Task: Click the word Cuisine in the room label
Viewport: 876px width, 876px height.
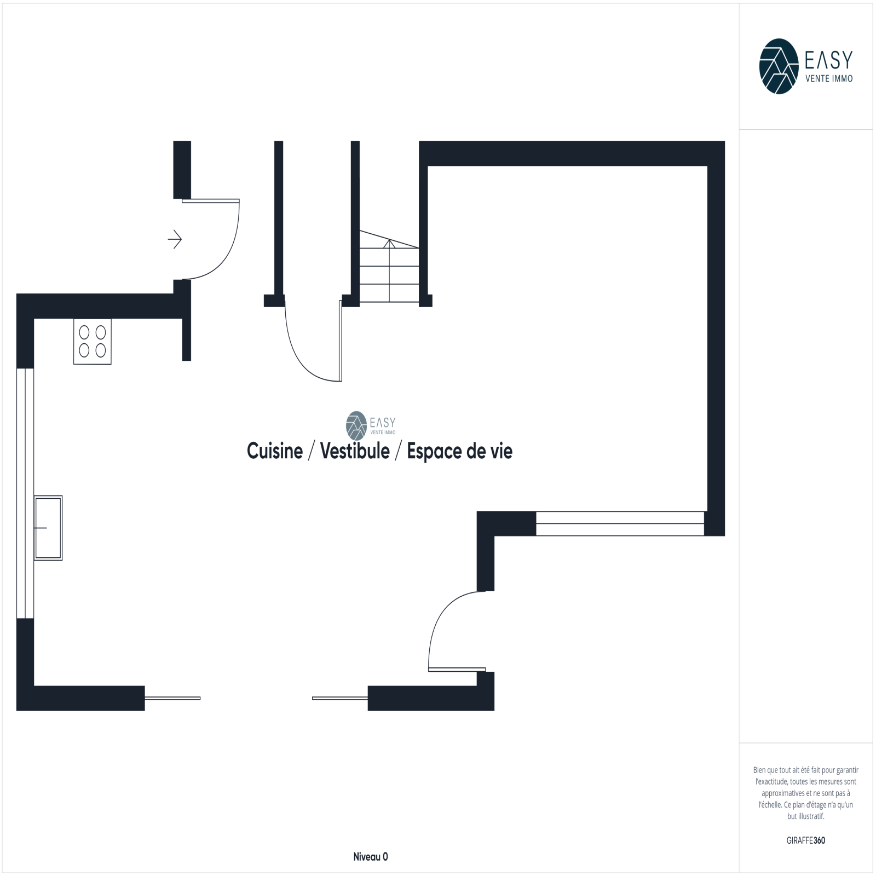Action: [275, 451]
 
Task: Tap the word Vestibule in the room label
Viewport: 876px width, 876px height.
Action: [355, 451]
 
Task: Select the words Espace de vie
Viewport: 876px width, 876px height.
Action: [459, 452]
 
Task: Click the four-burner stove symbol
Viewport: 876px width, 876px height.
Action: [93, 342]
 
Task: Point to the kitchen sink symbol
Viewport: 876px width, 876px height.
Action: [48, 528]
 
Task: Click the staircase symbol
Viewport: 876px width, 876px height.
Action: [389, 266]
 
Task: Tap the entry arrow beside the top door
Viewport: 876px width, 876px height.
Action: [175, 239]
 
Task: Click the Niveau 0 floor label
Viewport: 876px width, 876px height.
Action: [371, 857]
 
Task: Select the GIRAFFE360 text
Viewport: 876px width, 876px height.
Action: [806, 840]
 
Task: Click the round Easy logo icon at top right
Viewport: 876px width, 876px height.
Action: [779, 66]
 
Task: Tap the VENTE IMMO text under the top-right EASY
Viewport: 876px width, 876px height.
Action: [829, 78]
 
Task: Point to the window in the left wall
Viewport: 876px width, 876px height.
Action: [25, 493]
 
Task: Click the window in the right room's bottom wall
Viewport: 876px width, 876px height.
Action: [620, 523]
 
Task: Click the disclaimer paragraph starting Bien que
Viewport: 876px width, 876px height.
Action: [806, 793]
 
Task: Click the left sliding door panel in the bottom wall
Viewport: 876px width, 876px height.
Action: [172, 698]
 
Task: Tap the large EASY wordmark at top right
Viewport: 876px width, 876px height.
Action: [829, 60]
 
